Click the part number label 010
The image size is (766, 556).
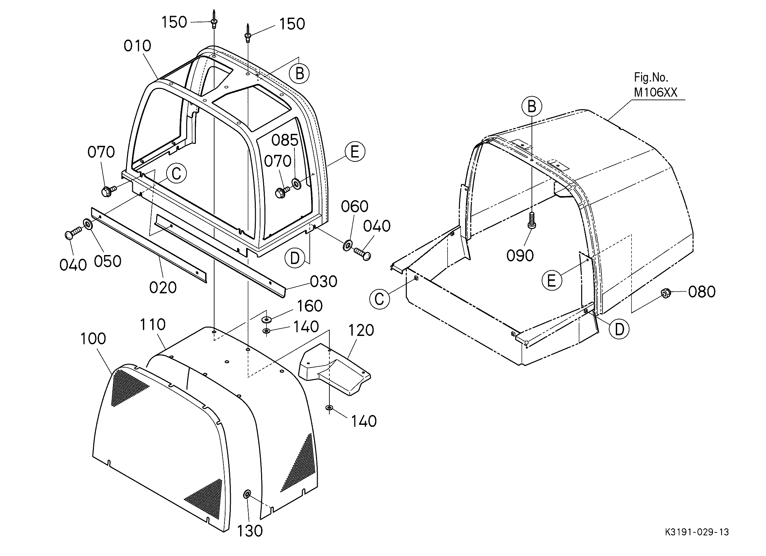[x=138, y=46]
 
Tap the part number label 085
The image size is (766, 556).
[x=285, y=140]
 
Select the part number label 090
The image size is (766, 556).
[x=520, y=256]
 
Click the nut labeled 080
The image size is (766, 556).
[x=666, y=293]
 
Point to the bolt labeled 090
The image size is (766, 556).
[x=532, y=220]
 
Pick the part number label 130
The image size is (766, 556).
[x=250, y=531]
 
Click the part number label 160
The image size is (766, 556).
[x=310, y=306]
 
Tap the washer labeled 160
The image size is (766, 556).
[x=267, y=319]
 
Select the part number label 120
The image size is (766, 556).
[x=361, y=331]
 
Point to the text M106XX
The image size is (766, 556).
[x=655, y=93]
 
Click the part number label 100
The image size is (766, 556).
[x=93, y=339]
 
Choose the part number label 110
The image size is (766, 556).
[x=153, y=325]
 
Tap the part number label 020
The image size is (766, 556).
[x=163, y=288]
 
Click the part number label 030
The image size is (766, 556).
[x=324, y=282]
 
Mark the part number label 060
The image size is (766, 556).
[x=355, y=207]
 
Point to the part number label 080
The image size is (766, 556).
[x=702, y=292]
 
